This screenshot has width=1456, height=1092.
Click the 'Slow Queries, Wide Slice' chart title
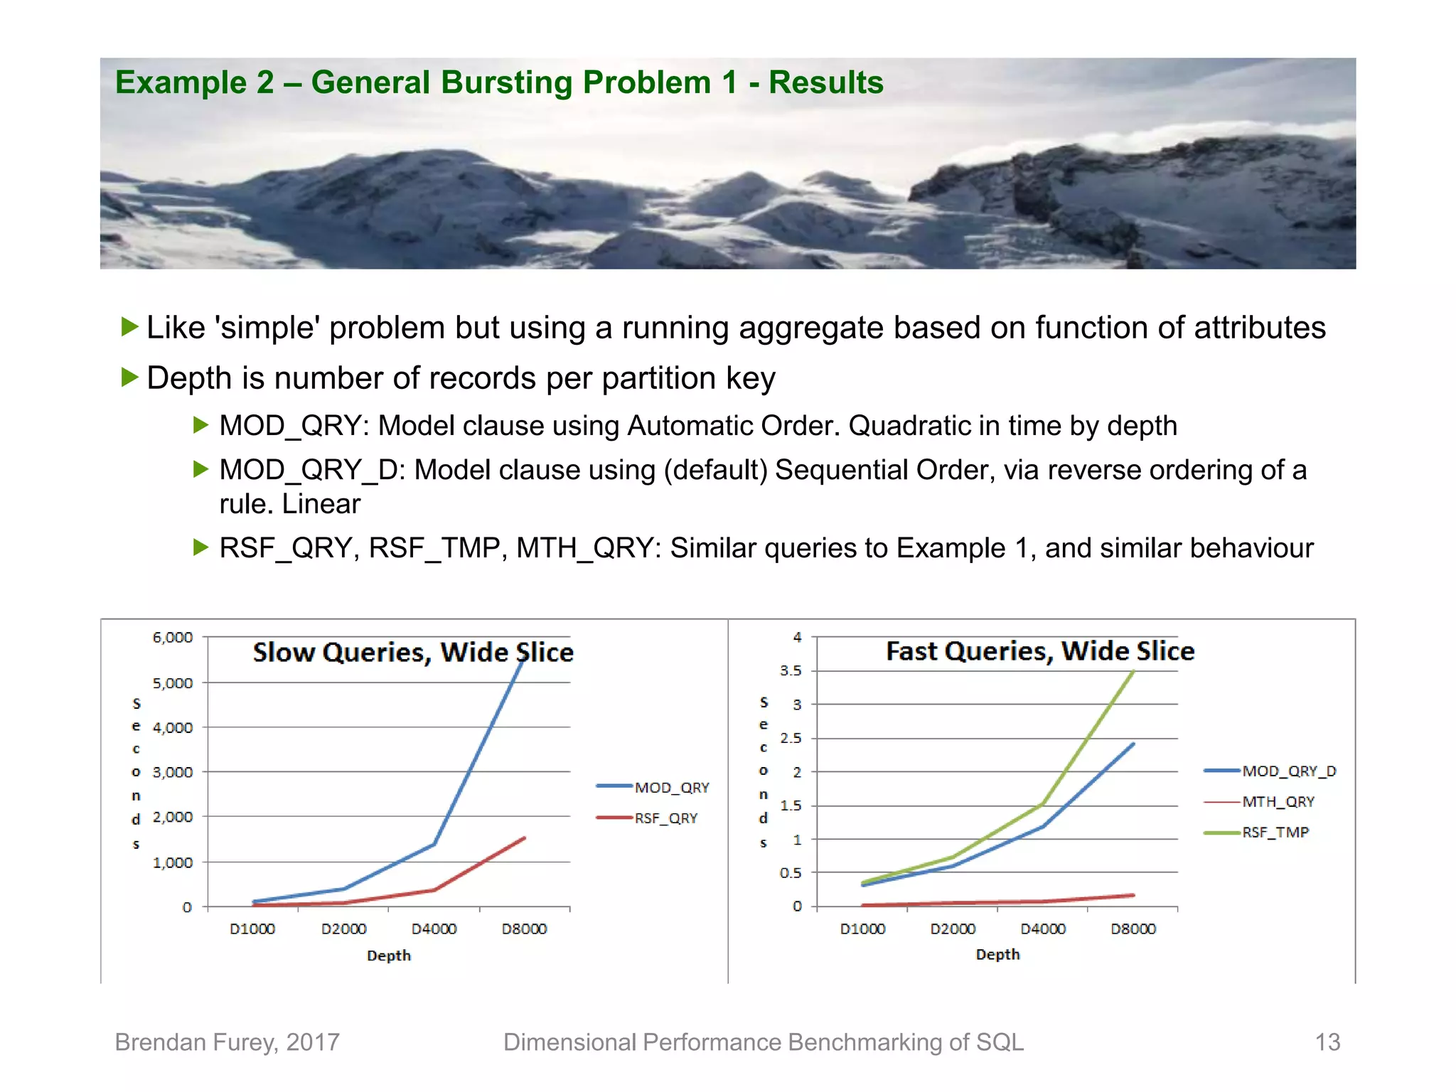[413, 652]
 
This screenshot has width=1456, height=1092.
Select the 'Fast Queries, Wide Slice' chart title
[1039, 651]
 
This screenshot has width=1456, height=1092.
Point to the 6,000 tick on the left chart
[173, 637]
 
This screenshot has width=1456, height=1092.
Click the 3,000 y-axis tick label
[173, 772]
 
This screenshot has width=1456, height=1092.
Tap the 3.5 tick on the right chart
[791, 670]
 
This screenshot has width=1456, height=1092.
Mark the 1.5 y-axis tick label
[791, 805]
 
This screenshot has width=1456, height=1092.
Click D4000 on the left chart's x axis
[434, 928]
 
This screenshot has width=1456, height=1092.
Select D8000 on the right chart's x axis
[1133, 928]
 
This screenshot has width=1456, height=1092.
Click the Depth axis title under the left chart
[389, 955]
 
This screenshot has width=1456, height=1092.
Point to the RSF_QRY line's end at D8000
[524, 838]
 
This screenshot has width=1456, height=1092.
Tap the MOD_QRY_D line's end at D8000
[1133, 744]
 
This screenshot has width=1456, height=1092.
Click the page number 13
[1327, 1042]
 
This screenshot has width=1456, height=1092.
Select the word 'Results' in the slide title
[825, 82]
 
